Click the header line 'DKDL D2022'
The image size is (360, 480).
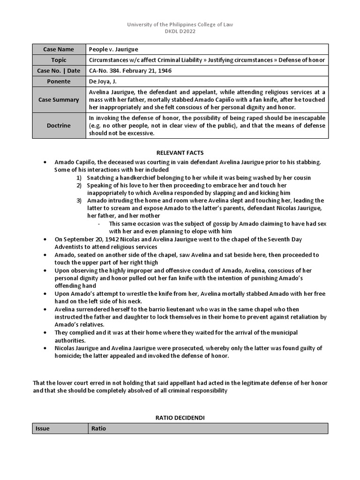point(180,31)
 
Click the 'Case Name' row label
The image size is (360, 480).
point(59,49)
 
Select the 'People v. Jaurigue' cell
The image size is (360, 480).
point(113,49)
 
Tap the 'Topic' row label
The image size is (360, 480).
point(59,60)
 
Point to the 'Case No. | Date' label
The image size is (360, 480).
point(59,71)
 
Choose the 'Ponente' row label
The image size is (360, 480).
point(59,82)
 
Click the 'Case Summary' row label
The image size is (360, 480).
point(59,99)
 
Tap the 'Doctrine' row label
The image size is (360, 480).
point(59,126)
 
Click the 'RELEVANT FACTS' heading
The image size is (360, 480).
point(180,153)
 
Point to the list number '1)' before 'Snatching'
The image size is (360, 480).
point(79,178)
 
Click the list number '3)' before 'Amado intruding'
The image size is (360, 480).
point(79,201)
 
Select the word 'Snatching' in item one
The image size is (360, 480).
point(101,178)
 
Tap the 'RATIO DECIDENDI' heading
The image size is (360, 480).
point(180,417)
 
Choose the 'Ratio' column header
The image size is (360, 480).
point(98,428)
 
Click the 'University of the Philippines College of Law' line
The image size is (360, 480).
point(180,24)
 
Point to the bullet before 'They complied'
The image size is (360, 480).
point(45,333)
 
